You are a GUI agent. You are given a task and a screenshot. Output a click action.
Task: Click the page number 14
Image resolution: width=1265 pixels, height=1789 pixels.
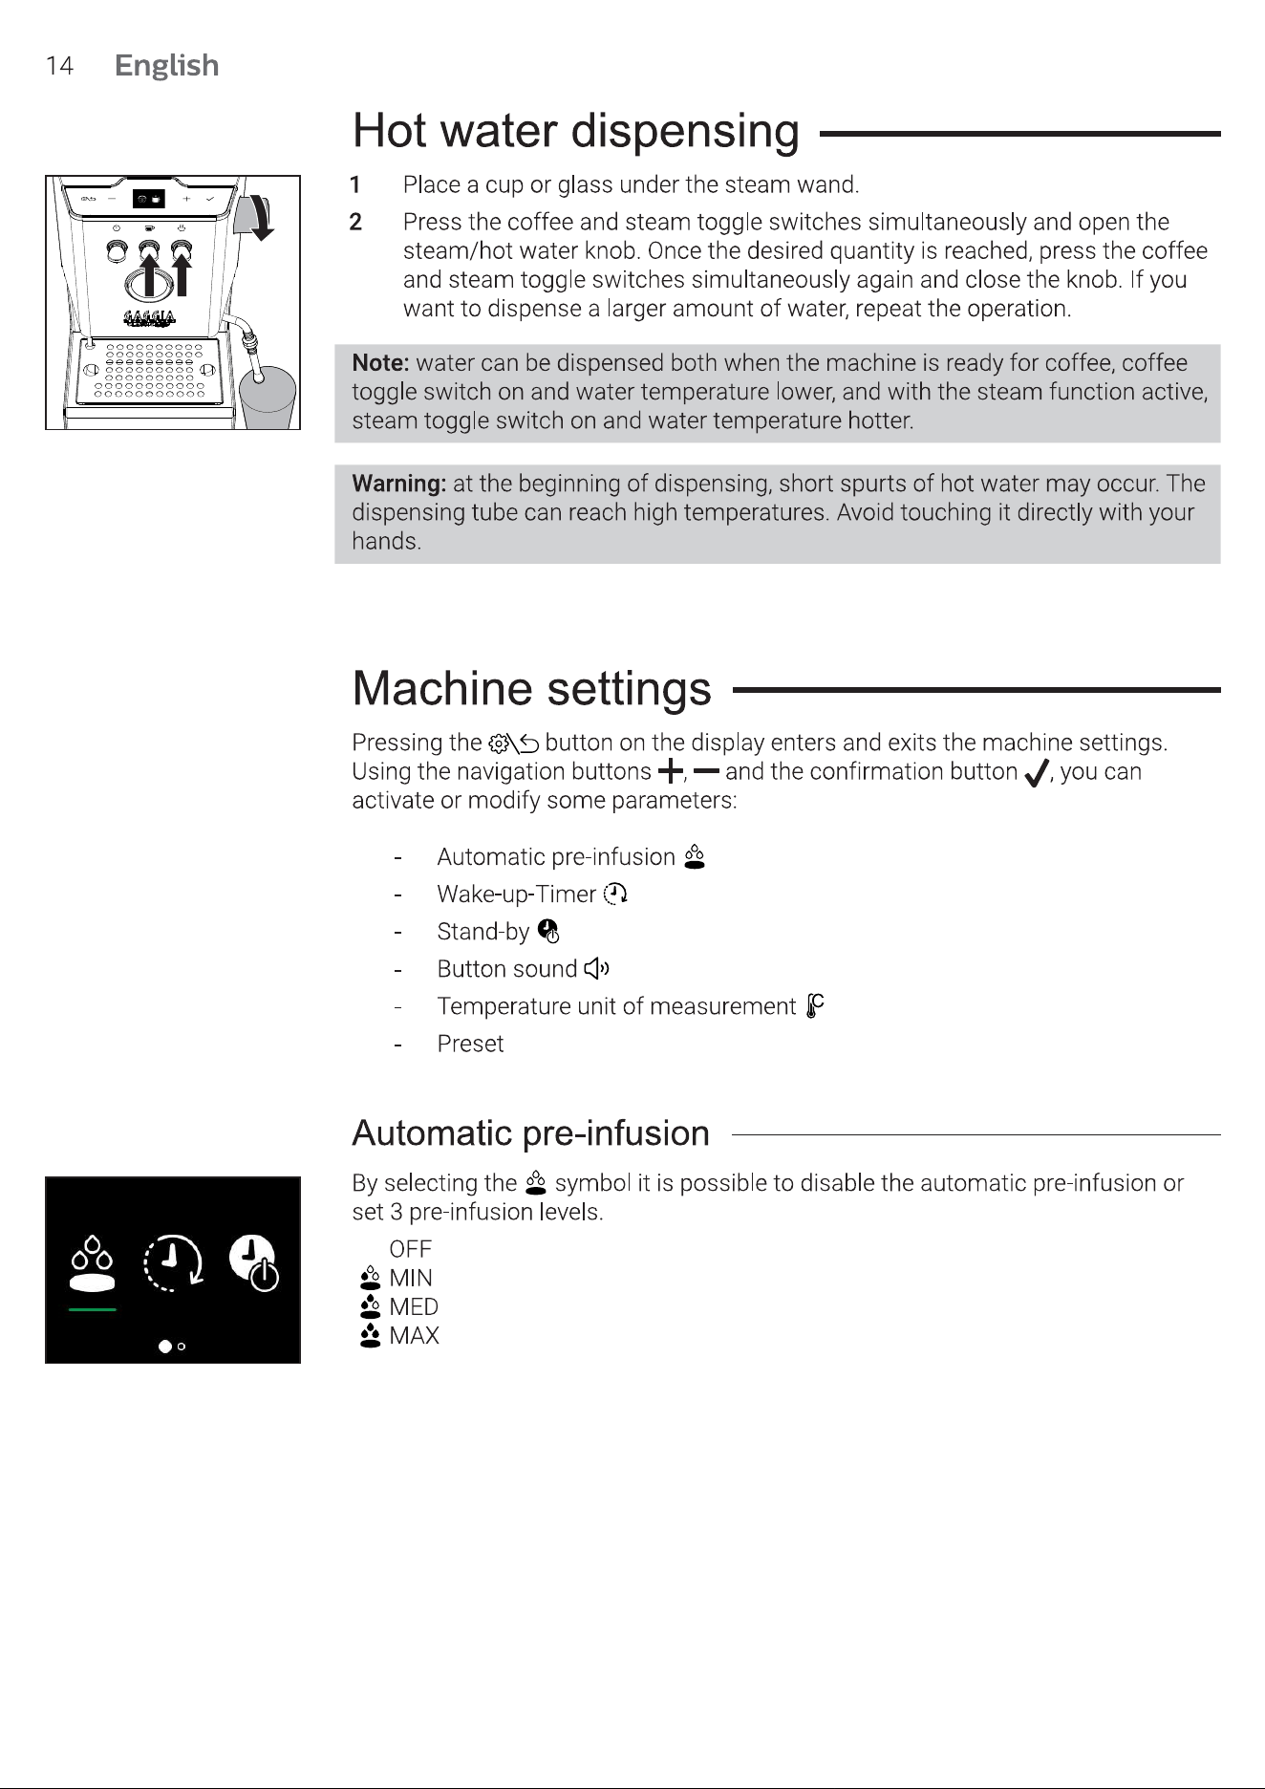pyautogui.click(x=59, y=65)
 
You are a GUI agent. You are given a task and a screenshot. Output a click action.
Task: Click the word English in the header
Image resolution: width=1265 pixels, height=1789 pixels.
pyautogui.click(x=166, y=65)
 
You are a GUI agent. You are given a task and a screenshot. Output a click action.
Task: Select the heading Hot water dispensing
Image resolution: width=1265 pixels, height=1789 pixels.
pyautogui.click(x=576, y=131)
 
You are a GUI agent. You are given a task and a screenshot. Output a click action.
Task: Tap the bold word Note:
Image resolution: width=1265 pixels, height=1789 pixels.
pyautogui.click(x=380, y=363)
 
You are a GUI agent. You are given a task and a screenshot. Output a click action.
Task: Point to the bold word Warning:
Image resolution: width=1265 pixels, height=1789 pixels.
pyautogui.click(x=399, y=484)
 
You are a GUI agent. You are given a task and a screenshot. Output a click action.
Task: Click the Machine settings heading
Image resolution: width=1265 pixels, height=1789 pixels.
pyautogui.click(x=531, y=688)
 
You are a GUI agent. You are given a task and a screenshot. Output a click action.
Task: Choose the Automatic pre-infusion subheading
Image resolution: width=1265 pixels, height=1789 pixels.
pyautogui.click(x=530, y=1133)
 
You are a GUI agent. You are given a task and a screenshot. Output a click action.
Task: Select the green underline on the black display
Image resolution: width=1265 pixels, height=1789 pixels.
pyautogui.click(x=93, y=1309)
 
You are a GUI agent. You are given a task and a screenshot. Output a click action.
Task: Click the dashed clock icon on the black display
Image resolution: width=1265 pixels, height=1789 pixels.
pyautogui.click(x=173, y=1262)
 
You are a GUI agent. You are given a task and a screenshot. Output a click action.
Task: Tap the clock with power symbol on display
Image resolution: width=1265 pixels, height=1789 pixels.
pyautogui.click(x=254, y=1262)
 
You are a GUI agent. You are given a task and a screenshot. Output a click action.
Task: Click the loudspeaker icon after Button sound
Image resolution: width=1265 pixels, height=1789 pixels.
pyautogui.click(x=596, y=969)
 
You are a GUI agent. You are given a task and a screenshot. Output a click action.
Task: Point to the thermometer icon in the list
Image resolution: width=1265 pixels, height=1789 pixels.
pyautogui.click(x=814, y=1006)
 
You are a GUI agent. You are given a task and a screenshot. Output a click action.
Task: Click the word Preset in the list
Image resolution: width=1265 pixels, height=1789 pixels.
pyautogui.click(x=470, y=1044)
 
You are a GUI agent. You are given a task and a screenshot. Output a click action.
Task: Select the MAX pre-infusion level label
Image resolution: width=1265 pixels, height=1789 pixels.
pyautogui.click(x=414, y=1336)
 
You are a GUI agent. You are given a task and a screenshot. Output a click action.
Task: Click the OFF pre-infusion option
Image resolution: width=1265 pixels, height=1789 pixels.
pyautogui.click(x=410, y=1249)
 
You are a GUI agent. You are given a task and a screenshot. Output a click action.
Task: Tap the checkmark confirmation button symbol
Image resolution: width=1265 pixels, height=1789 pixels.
pyautogui.click(x=1036, y=772)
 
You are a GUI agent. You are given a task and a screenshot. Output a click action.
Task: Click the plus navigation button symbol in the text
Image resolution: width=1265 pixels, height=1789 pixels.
pyautogui.click(x=671, y=770)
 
